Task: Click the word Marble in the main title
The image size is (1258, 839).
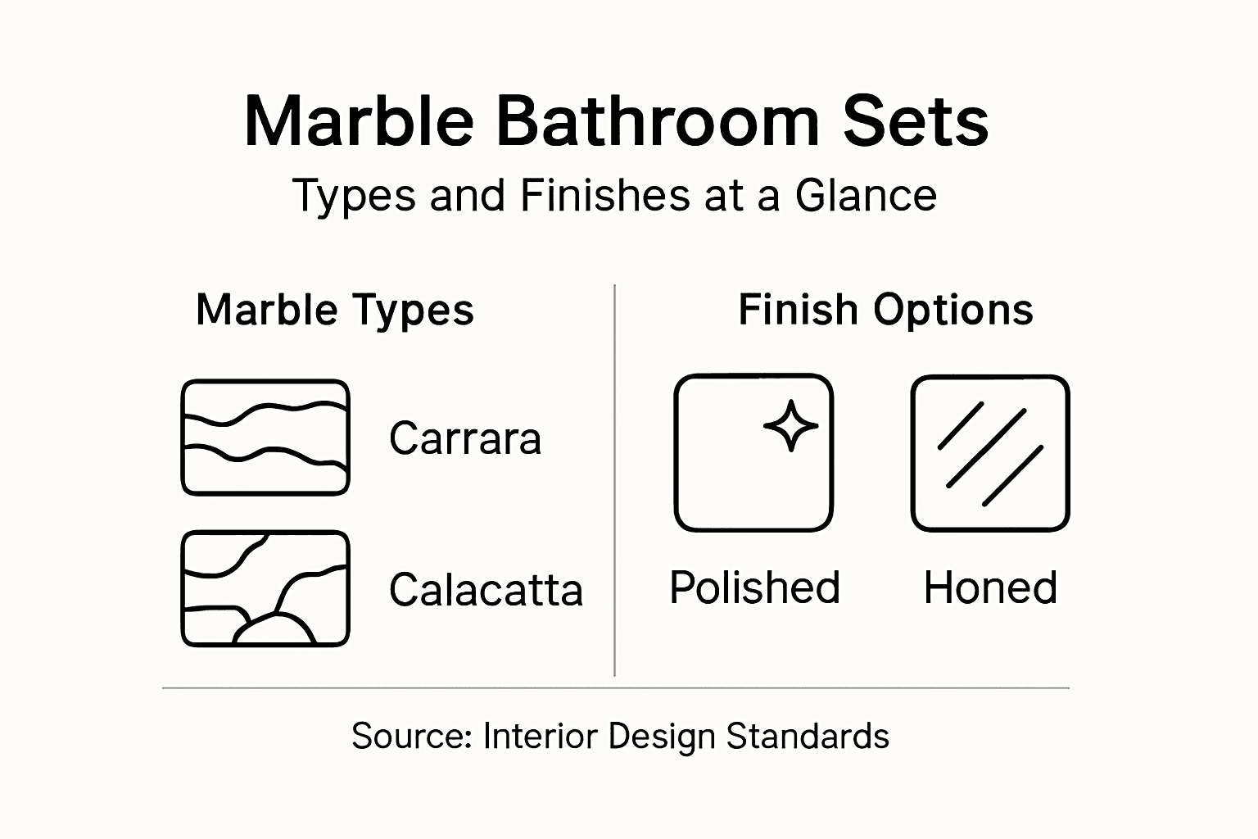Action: coord(359,121)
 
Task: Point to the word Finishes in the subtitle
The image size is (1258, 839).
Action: coord(605,196)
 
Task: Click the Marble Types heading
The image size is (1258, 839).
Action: coord(335,310)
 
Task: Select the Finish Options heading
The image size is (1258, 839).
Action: coord(885,310)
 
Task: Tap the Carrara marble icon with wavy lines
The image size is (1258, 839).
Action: coord(265,438)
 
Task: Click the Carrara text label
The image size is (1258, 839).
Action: coord(465,438)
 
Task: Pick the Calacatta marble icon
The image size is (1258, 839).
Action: coord(265,588)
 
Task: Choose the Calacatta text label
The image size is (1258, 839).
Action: coord(486,590)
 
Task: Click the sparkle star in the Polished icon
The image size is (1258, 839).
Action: coord(790,425)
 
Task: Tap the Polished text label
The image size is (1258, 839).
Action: coord(754,587)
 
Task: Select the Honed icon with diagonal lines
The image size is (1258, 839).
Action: coord(990,453)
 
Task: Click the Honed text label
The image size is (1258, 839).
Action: coord(990,587)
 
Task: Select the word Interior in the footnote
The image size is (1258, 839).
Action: coord(540,736)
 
